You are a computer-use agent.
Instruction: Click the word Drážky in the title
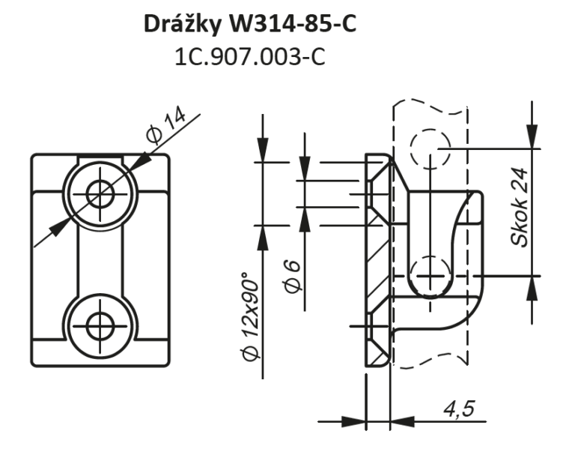[182, 25]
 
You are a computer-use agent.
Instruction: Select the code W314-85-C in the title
[293, 24]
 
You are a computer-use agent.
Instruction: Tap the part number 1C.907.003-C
[250, 57]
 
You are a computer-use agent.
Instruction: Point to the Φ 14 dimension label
[165, 125]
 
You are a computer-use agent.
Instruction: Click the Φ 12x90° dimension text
[252, 316]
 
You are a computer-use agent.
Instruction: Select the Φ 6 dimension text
[293, 277]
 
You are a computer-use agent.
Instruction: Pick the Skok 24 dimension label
[520, 207]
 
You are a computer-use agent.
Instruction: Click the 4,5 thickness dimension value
[459, 409]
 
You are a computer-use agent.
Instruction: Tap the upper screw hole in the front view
[100, 193]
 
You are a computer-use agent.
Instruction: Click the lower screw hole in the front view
[100, 326]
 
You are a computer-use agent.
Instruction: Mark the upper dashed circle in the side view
[431, 148]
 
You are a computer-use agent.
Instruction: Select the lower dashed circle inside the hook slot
[431, 275]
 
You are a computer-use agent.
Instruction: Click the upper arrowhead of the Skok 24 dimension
[532, 136]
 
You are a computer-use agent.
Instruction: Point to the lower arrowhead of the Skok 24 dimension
[532, 288]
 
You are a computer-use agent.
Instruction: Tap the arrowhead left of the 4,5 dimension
[354, 421]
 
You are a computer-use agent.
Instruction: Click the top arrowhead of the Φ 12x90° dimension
[263, 150]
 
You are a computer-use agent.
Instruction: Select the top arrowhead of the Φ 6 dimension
[305, 168]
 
